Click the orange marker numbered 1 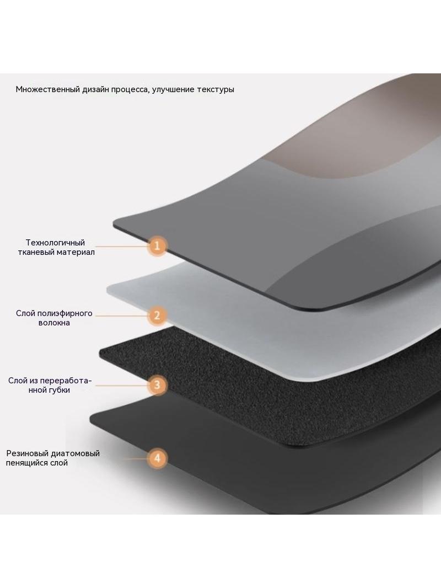[x=157, y=246]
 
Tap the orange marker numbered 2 [x=157, y=316]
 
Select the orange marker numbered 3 [x=157, y=385]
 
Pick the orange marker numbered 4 [x=157, y=458]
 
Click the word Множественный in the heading [x=47, y=89]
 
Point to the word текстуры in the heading [x=216, y=89]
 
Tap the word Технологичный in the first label [x=55, y=243]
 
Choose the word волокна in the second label [x=54, y=323]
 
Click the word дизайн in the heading [x=96, y=89]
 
